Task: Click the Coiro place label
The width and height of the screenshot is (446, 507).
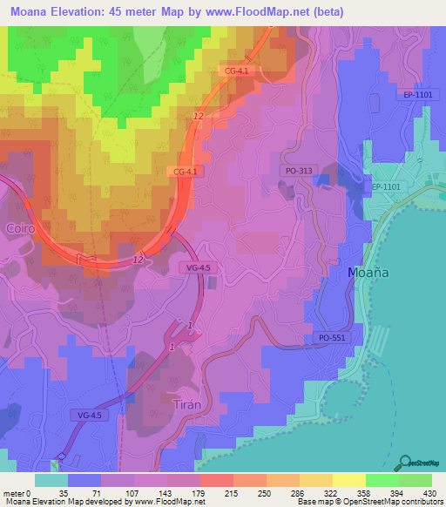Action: click(x=18, y=227)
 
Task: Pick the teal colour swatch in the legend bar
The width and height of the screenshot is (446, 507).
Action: click(x=51, y=480)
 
